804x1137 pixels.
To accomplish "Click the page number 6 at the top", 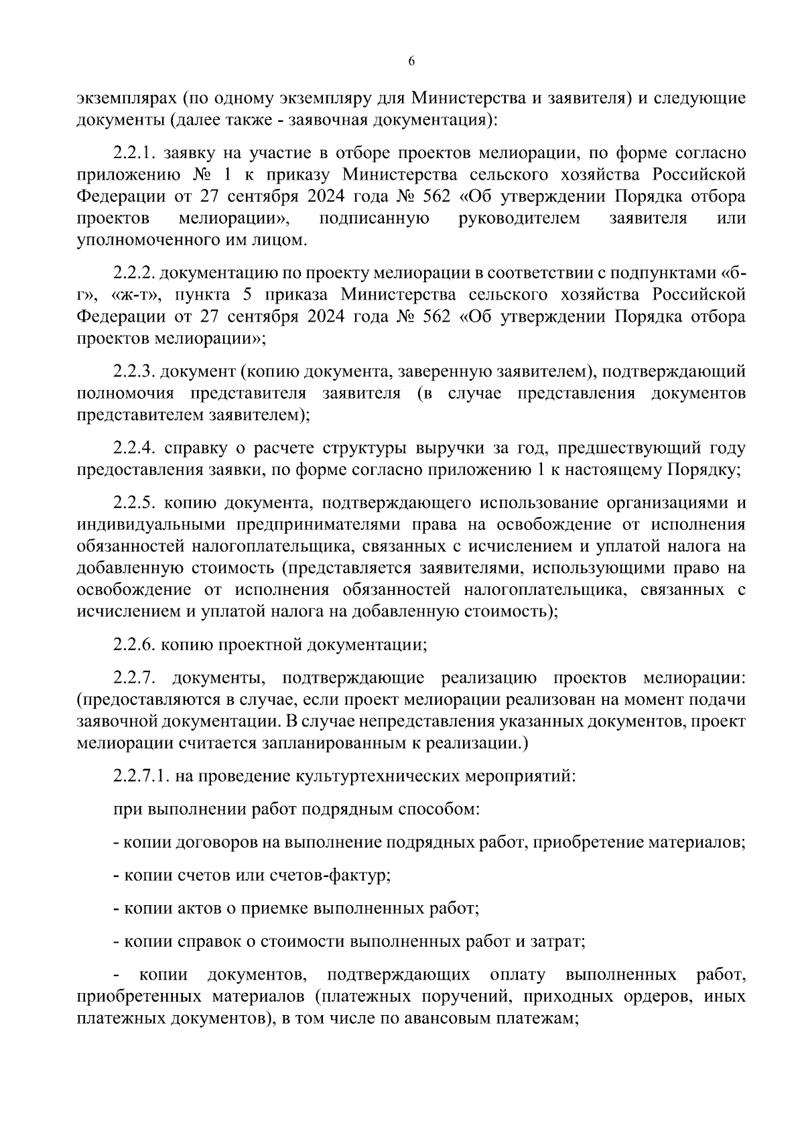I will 411,61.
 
